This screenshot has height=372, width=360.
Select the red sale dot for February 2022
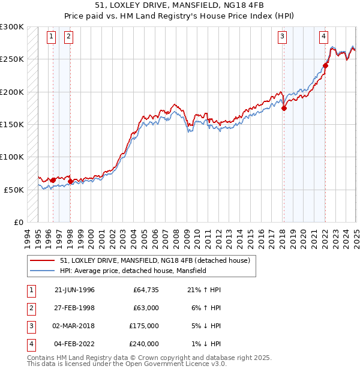coord(325,65)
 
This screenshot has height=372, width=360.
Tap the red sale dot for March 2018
coord(284,108)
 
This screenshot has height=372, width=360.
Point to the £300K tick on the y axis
coord(12,27)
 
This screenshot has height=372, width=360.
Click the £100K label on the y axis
coord(12,157)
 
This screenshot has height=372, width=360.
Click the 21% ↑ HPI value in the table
coord(204,290)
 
